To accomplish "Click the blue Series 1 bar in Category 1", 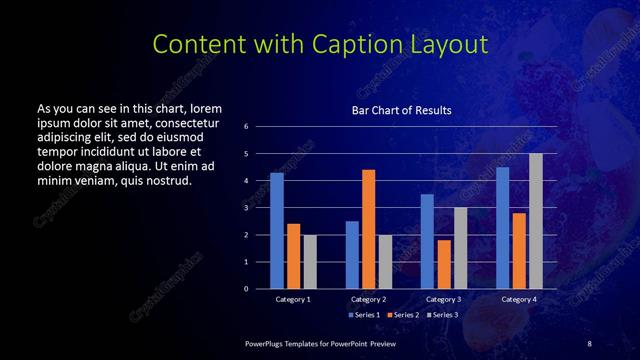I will (277, 231).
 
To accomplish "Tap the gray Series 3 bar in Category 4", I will (536, 221).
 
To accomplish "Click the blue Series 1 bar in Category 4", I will (502, 228).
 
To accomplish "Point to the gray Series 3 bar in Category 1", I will (310, 262).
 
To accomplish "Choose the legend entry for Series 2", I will (406, 315).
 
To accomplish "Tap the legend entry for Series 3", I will (446, 315).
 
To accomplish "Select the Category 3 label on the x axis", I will (443, 299).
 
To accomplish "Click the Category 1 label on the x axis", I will (293, 299).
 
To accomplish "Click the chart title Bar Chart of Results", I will (401, 110).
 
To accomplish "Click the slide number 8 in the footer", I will (589, 343).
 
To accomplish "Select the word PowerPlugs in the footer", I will (266, 343).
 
